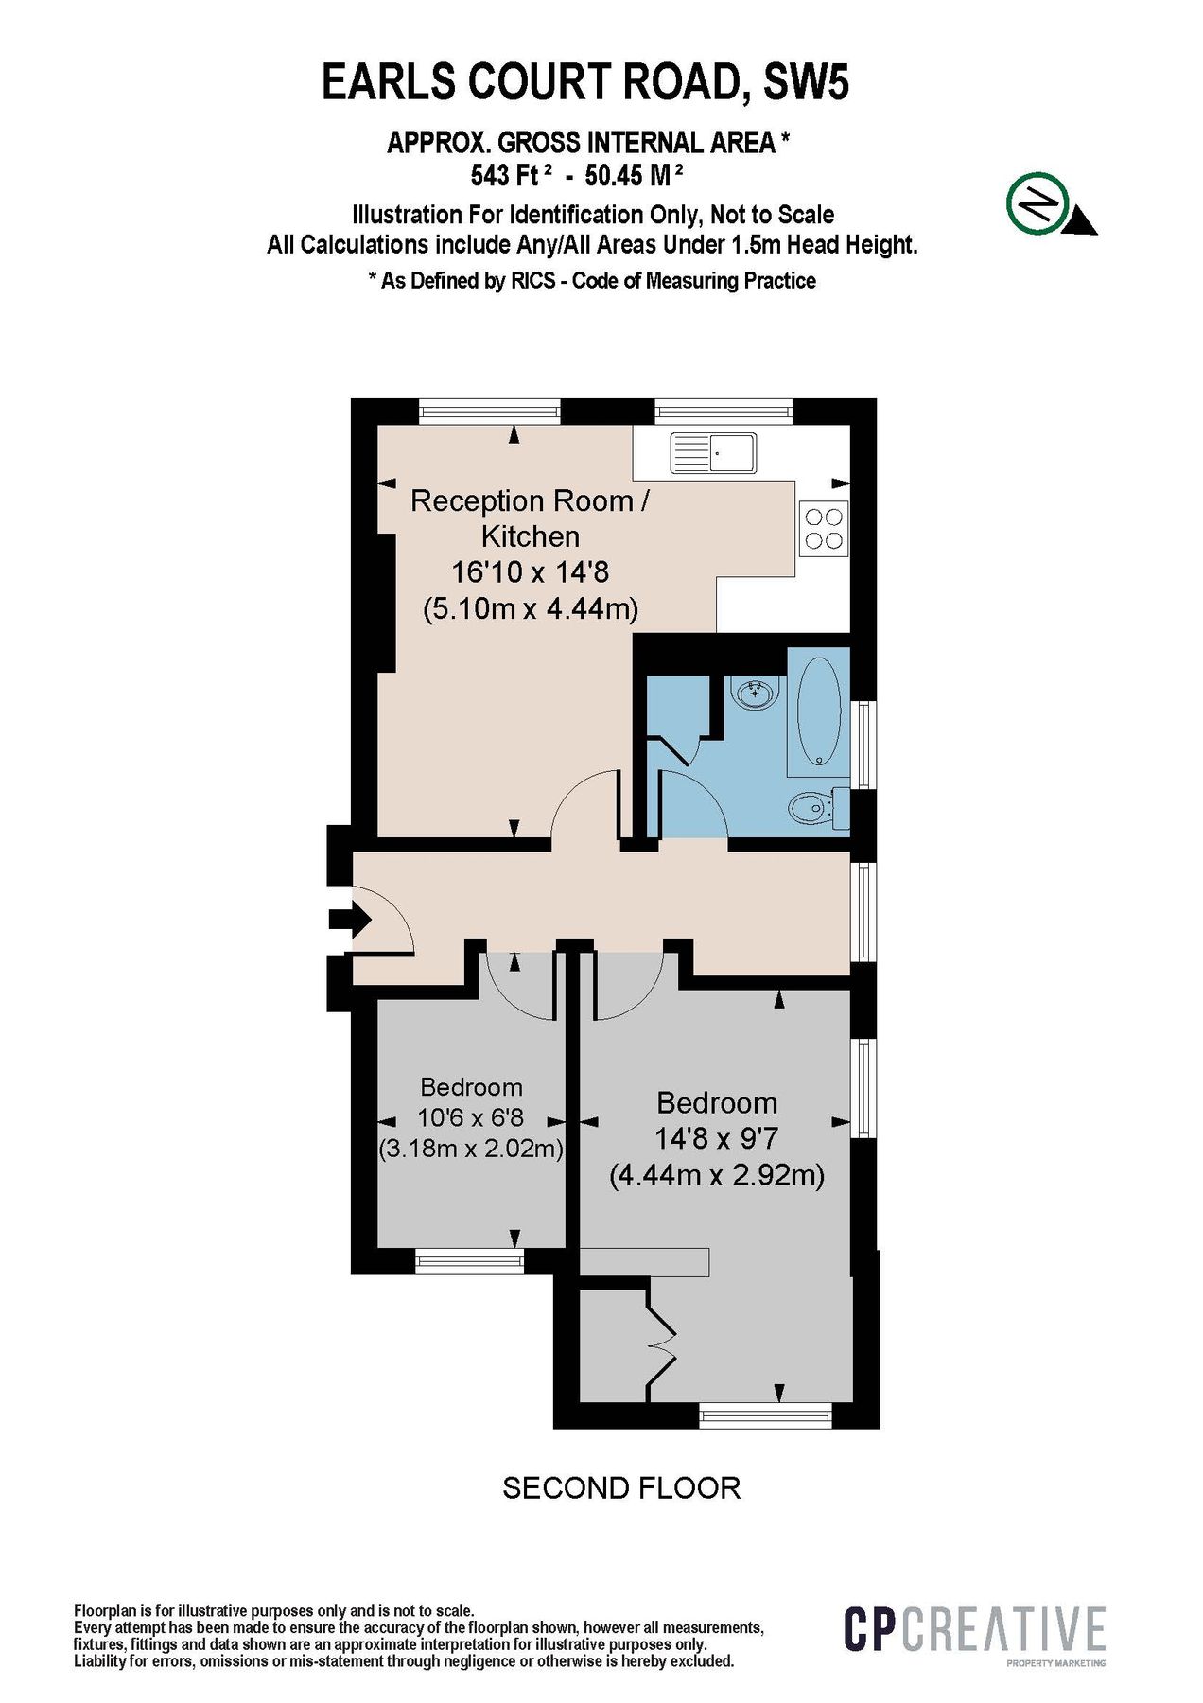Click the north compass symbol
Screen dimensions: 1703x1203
point(1039,202)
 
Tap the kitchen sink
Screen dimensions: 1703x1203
point(713,453)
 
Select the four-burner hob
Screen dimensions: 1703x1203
point(823,529)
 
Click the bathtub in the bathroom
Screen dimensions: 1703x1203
point(819,711)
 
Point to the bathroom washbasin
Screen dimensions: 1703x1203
point(755,693)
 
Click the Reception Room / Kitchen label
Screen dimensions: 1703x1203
point(530,518)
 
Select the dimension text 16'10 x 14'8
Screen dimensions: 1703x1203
point(530,571)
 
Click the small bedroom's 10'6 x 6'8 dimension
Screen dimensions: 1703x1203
point(470,1117)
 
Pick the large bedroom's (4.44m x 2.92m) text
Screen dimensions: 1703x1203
point(717,1175)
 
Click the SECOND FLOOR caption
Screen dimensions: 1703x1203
point(620,1488)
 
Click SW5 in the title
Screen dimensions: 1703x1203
point(806,82)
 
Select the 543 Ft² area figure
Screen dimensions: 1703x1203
point(511,175)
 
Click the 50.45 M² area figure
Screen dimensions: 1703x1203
point(634,175)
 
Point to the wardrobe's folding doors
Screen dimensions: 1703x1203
point(661,1342)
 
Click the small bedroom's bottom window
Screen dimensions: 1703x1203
point(469,1260)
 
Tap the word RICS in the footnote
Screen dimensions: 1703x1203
point(533,281)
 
